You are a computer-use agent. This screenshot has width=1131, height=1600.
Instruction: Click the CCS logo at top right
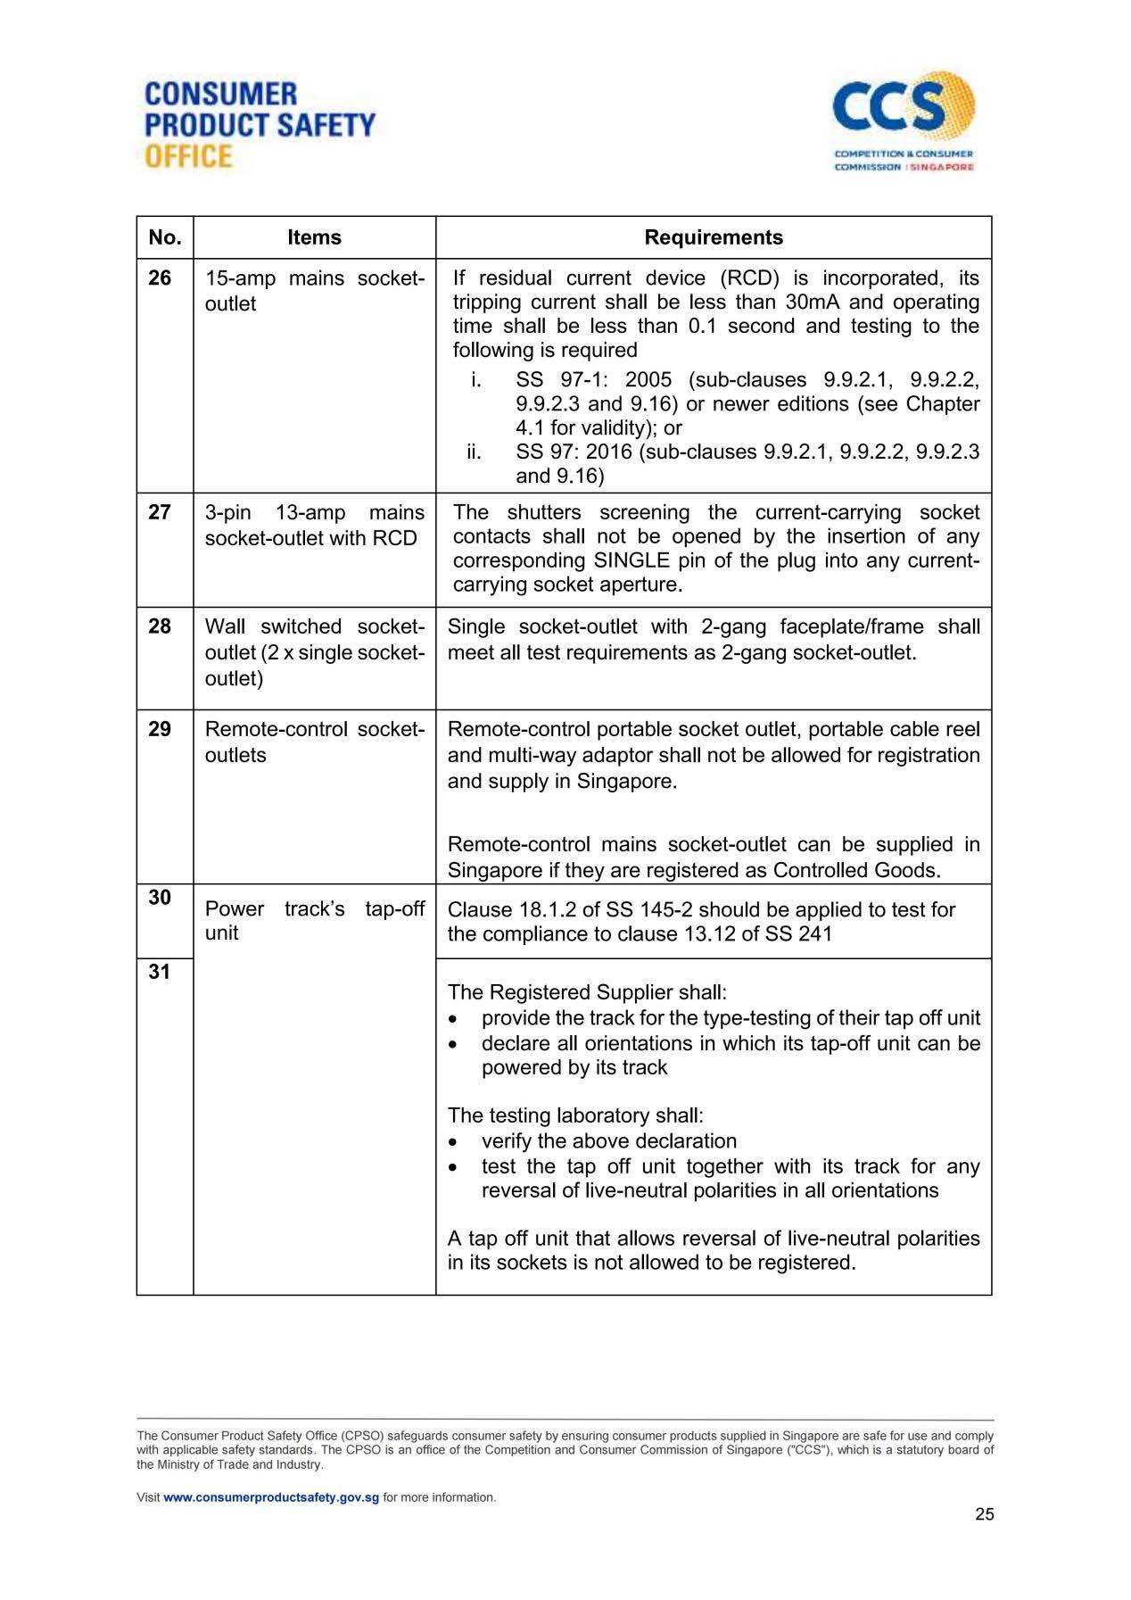pyautogui.click(x=903, y=120)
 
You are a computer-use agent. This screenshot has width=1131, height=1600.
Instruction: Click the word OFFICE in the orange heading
pyautogui.click(x=188, y=156)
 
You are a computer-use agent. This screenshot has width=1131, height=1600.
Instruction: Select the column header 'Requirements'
pyautogui.click(x=714, y=237)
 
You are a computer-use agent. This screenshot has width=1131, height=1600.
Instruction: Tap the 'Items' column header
pyautogui.click(x=314, y=237)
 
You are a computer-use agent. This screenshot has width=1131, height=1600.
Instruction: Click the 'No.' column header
pyautogui.click(x=165, y=237)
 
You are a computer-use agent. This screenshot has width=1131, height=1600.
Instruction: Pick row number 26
pyautogui.click(x=160, y=278)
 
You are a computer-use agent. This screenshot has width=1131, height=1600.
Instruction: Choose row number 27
pyautogui.click(x=160, y=512)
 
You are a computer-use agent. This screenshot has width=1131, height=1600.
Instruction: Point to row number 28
pyautogui.click(x=160, y=626)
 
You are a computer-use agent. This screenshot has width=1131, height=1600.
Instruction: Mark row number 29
pyautogui.click(x=160, y=729)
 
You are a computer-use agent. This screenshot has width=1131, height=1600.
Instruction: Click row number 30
pyautogui.click(x=160, y=897)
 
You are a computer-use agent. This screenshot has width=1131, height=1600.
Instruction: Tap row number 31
pyautogui.click(x=160, y=971)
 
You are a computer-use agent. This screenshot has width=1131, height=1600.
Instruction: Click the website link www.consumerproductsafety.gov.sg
pyautogui.click(x=271, y=1497)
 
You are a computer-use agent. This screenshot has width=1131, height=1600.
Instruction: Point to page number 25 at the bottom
pyautogui.click(x=984, y=1514)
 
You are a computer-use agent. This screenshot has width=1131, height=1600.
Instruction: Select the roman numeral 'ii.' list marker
pyautogui.click(x=474, y=452)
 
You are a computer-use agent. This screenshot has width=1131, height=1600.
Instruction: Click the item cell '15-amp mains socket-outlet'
pyautogui.click(x=314, y=291)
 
